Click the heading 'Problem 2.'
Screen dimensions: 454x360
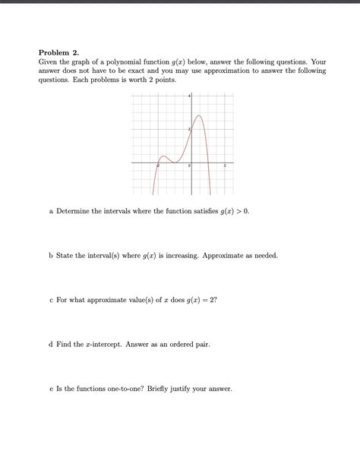tap(58, 52)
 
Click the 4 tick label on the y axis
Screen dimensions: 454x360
tap(189, 96)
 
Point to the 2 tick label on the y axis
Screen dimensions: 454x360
tap(189, 131)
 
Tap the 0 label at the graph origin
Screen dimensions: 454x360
tap(189, 166)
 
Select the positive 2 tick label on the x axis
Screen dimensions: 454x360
tap(225, 166)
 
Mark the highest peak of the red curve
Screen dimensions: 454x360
tap(199, 115)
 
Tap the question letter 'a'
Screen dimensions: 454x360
tap(50, 210)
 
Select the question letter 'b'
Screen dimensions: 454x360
tap(50, 256)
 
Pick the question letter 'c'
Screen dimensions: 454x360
tap(50, 300)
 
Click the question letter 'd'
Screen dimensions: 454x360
tap(50, 344)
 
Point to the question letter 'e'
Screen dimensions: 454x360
tap(50, 389)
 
